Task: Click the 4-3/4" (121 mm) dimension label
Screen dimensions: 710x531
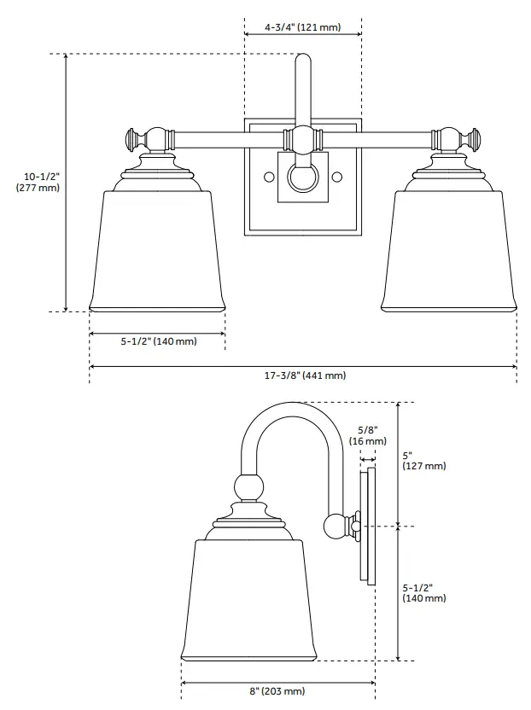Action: pyautogui.click(x=302, y=27)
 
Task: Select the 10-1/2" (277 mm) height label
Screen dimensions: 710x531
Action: pyautogui.click(x=38, y=182)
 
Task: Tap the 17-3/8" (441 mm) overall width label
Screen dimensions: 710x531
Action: pyautogui.click(x=304, y=375)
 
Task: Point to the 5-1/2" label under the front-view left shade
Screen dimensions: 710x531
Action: pyautogui.click(x=158, y=341)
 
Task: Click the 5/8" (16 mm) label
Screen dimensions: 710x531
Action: pyautogui.click(x=368, y=435)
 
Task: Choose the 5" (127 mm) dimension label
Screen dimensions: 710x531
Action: pyautogui.click(x=423, y=461)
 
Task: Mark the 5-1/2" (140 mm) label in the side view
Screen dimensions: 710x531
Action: pyautogui.click(x=423, y=593)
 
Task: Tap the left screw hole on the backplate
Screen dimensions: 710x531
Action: pyautogui.click(x=269, y=177)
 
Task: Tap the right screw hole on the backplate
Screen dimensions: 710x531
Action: pyautogui.click(x=337, y=177)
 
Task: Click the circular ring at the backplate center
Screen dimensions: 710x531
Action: pyautogui.click(x=302, y=177)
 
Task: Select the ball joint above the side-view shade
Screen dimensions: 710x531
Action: pyautogui.click(x=248, y=489)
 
